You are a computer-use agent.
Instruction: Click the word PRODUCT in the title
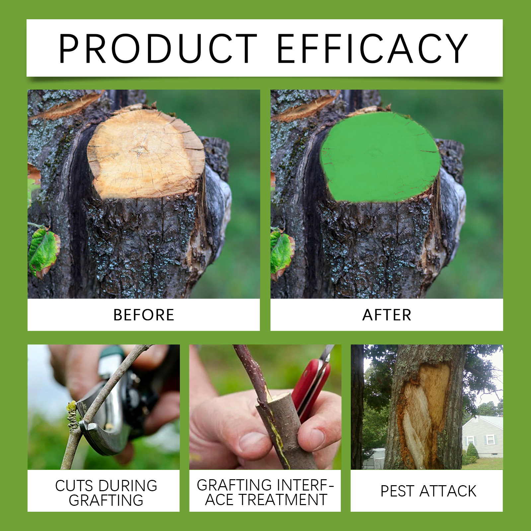pyautogui.click(x=158, y=48)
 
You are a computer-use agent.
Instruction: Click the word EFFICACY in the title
pyautogui.click(x=372, y=48)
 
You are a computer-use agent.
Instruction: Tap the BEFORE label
pyautogui.click(x=144, y=315)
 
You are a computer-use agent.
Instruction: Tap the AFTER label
pyautogui.click(x=387, y=315)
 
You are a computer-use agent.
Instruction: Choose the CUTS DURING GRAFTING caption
pyautogui.click(x=106, y=493)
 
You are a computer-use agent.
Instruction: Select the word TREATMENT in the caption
pyautogui.click(x=283, y=500)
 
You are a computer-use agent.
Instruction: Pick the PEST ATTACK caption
pyautogui.click(x=428, y=491)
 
